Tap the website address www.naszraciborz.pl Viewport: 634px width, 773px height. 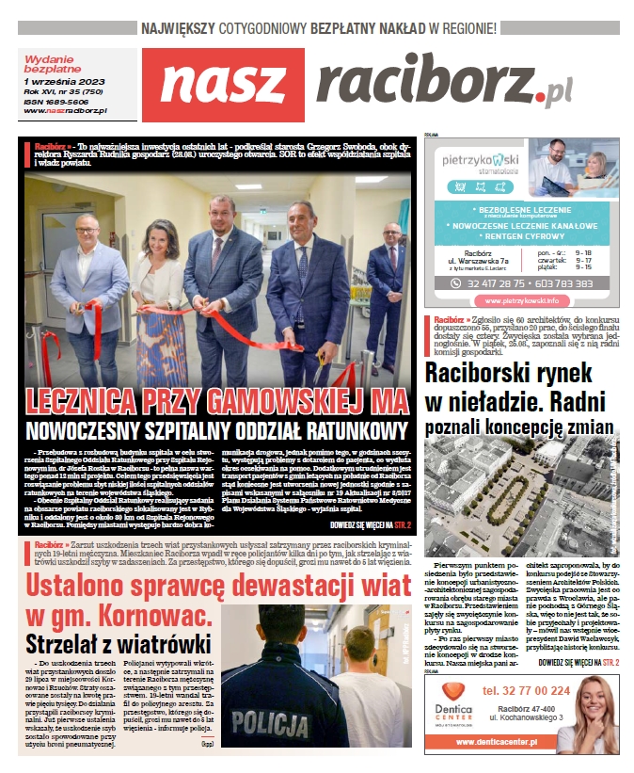(65, 110)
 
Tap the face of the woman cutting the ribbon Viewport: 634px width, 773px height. (159, 227)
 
